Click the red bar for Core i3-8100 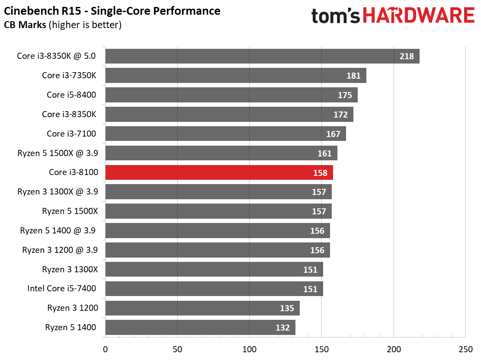(x=219, y=172)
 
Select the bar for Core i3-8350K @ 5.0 (x=262, y=56)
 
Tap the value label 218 (x=407, y=56)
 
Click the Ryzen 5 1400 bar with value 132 (x=200, y=328)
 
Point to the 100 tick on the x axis (x=250, y=349)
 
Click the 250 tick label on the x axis (x=465, y=349)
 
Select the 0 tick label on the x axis (x=105, y=349)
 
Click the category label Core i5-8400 (x=71, y=95)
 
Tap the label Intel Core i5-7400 (x=61, y=289)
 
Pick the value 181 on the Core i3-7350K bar (x=353, y=76)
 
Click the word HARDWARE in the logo (x=418, y=16)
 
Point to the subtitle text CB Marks (x=25, y=25)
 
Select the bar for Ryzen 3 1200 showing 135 (x=202, y=308)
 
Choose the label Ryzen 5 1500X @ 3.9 (x=58, y=153)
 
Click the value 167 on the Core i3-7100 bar (x=333, y=134)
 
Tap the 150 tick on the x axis (x=321, y=349)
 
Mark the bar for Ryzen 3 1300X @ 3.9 (x=218, y=192)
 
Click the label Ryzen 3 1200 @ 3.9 (x=60, y=250)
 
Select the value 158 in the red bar (x=320, y=173)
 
